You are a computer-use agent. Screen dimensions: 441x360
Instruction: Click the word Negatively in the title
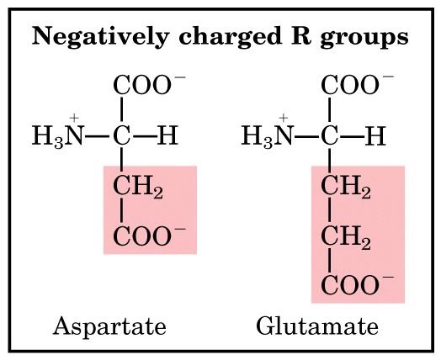[100, 37]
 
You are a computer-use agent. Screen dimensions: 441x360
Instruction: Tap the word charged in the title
[230, 37]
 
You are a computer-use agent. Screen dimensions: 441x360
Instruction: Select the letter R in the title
[301, 35]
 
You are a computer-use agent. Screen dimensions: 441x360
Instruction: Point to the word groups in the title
[364, 38]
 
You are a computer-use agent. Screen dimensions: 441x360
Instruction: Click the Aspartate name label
[109, 326]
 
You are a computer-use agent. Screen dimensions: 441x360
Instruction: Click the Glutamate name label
[317, 326]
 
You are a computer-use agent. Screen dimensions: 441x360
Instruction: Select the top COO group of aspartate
[149, 85]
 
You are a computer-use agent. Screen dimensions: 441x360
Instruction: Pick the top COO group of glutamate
[357, 85]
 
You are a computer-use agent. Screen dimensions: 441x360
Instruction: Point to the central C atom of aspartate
[121, 135]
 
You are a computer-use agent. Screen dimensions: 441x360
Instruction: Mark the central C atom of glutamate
[329, 135]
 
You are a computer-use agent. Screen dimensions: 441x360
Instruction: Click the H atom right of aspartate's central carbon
[167, 135]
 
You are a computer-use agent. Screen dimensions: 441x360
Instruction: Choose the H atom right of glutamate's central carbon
[375, 135]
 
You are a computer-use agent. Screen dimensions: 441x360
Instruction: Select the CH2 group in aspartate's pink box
[138, 187]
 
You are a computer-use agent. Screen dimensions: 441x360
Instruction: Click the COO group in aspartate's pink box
[149, 236]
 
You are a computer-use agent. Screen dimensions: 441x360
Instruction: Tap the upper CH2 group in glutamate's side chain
[346, 187]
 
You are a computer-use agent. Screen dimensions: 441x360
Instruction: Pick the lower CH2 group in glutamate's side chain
[346, 237]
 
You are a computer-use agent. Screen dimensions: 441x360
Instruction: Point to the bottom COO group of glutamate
[357, 284]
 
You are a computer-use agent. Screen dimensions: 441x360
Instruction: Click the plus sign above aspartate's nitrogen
[74, 118]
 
